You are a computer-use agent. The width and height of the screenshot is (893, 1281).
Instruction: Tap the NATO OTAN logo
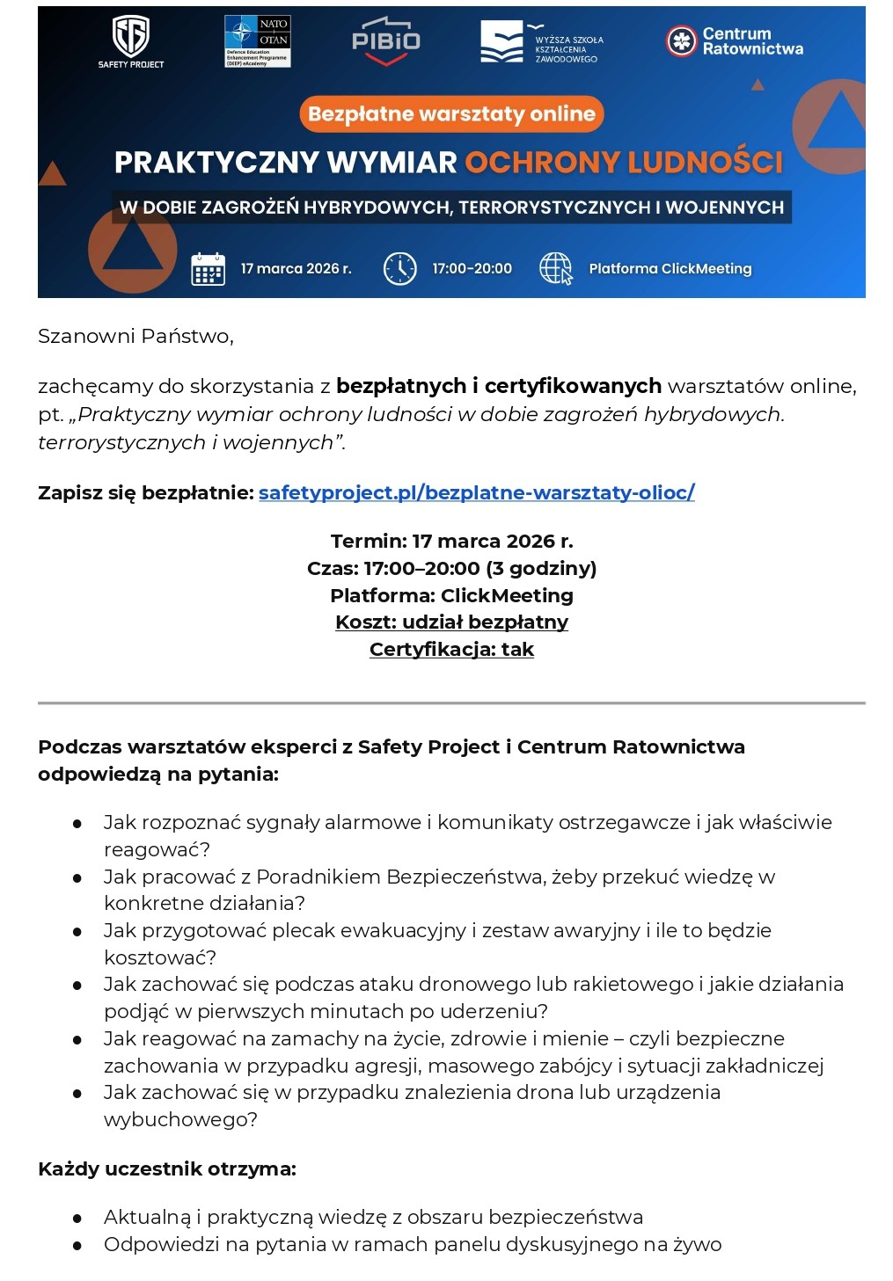pyautogui.click(x=257, y=40)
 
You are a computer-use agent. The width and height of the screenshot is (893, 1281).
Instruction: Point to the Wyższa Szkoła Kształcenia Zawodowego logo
pyautogui.click(x=541, y=42)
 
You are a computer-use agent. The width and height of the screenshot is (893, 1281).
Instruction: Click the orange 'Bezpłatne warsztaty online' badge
pyautogui.click(x=451, y=114)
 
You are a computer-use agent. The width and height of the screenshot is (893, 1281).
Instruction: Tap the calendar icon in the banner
pyautogui.click(x=209, y=269)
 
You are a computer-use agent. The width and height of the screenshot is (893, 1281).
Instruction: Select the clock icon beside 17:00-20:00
pyautogui.click(x=399, y=268)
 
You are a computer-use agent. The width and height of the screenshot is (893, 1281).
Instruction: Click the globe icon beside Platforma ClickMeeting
pyautogui.click(x=555, y=268)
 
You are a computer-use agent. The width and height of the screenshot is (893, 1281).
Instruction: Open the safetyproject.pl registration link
pyautogui.click(x=476, y=492)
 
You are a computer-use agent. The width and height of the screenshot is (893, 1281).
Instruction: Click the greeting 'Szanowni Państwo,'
pyautogui.click(x=135, y=336)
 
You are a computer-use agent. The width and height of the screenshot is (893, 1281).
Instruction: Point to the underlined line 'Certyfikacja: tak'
pyautogui.click(x=451, y=649)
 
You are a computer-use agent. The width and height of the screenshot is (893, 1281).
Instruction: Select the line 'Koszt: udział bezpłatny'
pyautogui.click(x=451, y=622)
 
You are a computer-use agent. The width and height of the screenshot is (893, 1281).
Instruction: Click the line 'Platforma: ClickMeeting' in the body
pyautogui.click(x=451, y=595)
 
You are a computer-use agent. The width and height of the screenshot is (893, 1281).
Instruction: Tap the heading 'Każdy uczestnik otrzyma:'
pyautogui.click(x=167, y=1168)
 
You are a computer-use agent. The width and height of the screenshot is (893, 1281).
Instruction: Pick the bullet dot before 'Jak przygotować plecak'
pyautogui.click(x=77, y=931)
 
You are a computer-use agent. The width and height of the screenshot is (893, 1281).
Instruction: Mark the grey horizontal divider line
pyautogui.click(x=451, y=703)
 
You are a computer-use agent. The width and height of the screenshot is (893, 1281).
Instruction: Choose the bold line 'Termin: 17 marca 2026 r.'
pyautogui.click(x=451, y=541)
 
